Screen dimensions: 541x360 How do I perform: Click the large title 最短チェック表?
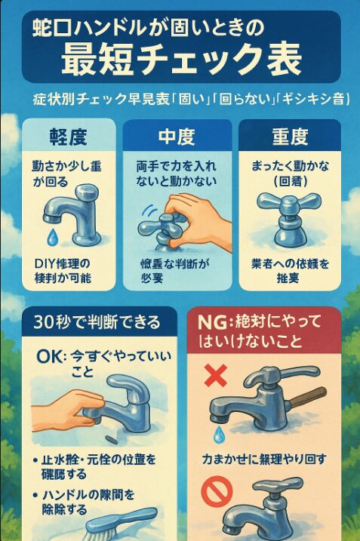181,57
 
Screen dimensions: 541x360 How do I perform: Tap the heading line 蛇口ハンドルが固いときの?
148,28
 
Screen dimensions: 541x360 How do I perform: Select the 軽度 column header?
67,137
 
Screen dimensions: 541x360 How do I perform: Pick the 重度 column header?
289,137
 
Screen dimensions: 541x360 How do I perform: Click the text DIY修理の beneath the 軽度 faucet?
62,263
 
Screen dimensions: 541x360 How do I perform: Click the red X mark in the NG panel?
217,373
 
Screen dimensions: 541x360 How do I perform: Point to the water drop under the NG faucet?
218,433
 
